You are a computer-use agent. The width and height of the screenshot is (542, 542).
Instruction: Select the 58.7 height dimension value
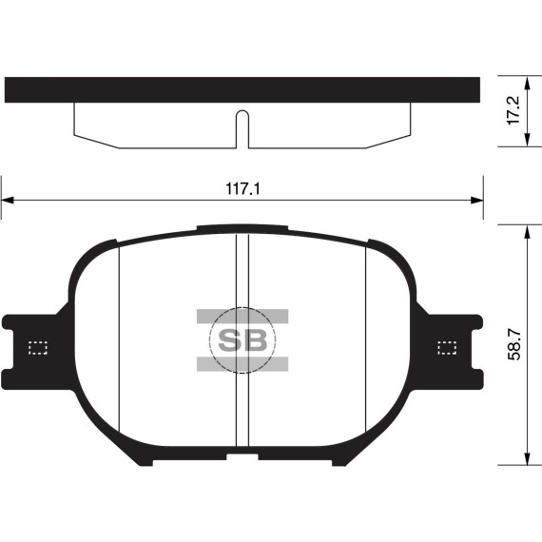(514, 345)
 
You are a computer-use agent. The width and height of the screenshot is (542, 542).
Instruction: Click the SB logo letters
(242, 340)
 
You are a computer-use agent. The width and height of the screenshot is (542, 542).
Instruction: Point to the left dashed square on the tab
(38, 348)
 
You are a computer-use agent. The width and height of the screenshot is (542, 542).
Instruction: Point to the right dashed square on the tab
(445, 348)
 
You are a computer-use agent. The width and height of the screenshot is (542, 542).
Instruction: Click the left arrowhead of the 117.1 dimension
(8, 200)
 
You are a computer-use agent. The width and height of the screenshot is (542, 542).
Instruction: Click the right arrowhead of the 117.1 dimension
(476, 200)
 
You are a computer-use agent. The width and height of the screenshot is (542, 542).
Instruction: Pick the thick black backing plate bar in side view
(242, 89)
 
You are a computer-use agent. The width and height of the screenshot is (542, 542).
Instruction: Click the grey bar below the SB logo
(242, 364)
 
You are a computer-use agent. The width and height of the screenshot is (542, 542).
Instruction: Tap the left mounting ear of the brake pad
(29, 349)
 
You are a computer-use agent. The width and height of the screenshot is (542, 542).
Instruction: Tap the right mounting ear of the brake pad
(455, 349)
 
